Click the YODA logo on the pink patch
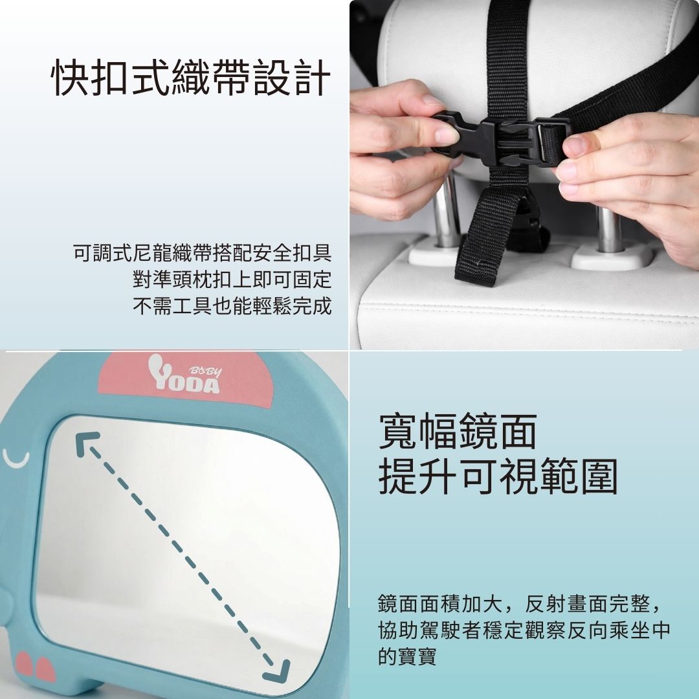coord(184,375)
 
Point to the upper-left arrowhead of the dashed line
coord(87,443)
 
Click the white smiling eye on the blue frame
coord(16,459)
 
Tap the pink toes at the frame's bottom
coord(36,667)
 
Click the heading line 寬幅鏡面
coord(458,431)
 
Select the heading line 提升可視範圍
coord(498,476)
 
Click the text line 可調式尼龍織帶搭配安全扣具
coord(203,253)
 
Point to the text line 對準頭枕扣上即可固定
coord(232,280)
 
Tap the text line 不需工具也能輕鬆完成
coord(232,305)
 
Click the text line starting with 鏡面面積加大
coord(520,605)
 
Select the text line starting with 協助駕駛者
coord(524,630)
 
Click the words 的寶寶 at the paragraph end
coord(407,656)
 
